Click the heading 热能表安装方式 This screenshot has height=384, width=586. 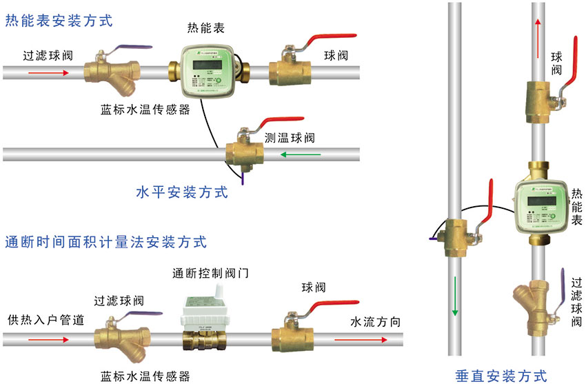59,21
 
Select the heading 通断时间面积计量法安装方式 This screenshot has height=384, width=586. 105,242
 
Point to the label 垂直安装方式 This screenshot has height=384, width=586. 501,375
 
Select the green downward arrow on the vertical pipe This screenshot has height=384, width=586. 454,293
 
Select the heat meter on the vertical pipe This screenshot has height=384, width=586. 542,205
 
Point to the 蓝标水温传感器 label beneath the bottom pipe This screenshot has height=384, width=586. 145,376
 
